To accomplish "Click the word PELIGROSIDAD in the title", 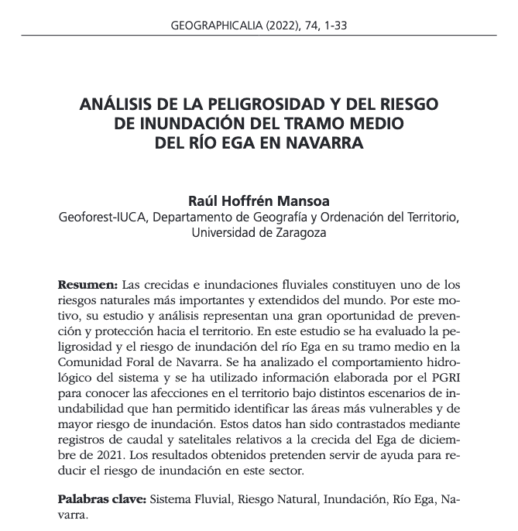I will pyautogui.click(x=237, y=104).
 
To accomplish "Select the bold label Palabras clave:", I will pyautogui.click(x=101, y=500).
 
